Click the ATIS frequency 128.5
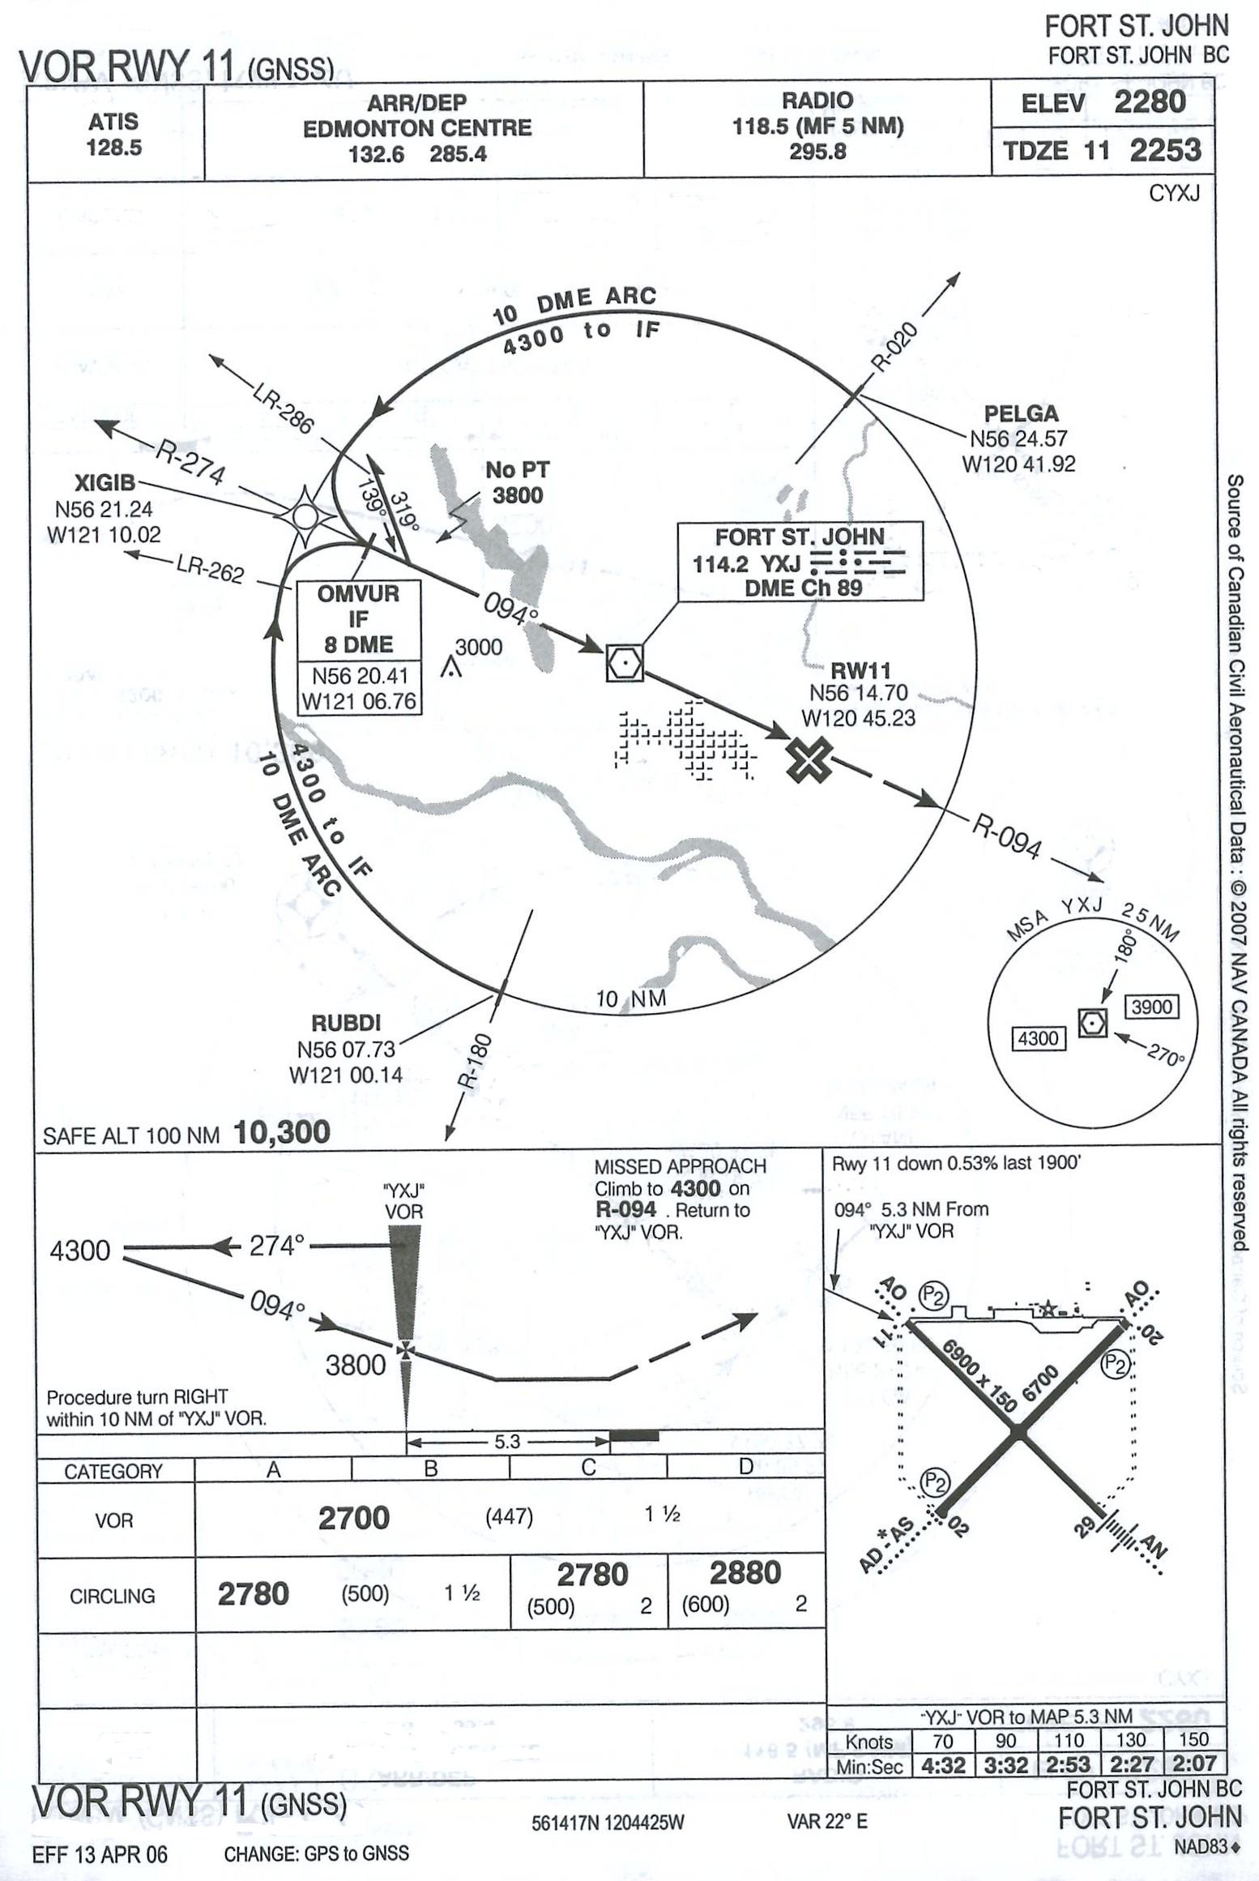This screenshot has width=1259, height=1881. point(113,147)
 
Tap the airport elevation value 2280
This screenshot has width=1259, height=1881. point(1149,103)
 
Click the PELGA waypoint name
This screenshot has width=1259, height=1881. point(1021,413)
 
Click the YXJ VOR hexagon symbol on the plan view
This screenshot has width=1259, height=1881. point(625,663)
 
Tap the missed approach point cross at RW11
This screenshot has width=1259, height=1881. point(809,760)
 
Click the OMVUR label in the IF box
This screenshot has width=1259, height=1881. point(358,593)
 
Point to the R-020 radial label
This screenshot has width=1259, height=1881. point(895,346)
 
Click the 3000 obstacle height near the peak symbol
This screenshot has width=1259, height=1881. point(478,647)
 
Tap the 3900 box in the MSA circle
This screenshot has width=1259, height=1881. point(1151,1007)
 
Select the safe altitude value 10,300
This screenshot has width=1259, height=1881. point(281,1132)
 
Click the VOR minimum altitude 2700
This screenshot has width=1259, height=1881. point(353,1517)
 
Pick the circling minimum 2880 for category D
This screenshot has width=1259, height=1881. point(745,1572)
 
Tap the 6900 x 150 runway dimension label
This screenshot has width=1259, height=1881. point(979,1376)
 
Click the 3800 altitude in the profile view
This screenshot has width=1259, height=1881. point(355,1365)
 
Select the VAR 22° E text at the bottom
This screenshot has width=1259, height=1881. point(826,1821)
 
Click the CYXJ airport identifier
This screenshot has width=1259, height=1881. point(1174,193)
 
